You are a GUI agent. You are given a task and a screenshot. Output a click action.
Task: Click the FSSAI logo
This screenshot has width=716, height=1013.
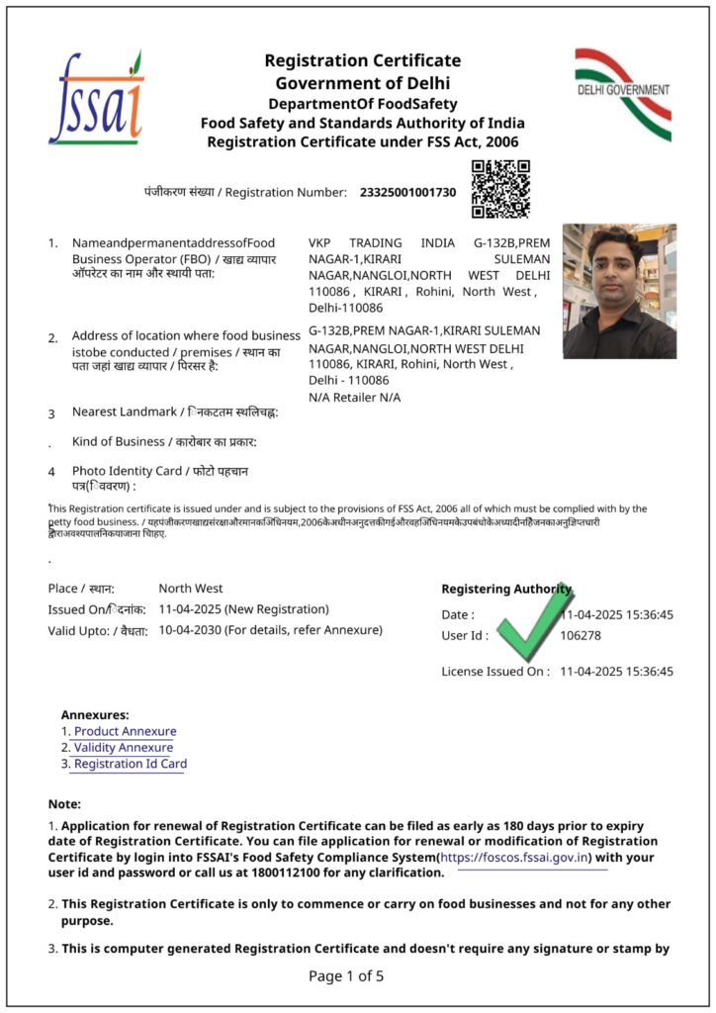point(96,99)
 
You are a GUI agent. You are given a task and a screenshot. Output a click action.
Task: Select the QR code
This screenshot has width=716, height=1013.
point(500,188)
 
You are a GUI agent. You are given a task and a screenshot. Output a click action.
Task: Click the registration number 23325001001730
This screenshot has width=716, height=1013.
point(408,192)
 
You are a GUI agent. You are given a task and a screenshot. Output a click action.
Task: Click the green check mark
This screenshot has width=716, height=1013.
point(535,624)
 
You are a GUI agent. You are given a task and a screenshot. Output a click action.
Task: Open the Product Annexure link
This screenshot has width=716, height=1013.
point(126,732)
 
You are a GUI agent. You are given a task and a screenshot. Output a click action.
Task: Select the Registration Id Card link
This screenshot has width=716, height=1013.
point(131,764)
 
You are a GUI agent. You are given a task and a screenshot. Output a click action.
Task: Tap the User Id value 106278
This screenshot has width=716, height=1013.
point(581,635)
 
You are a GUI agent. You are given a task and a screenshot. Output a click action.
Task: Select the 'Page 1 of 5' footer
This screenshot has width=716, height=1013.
point(346,976)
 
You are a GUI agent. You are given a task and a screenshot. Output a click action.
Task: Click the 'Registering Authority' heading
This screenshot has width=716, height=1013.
point(505,590)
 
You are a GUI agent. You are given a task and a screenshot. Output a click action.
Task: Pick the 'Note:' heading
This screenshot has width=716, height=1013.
point(64,804)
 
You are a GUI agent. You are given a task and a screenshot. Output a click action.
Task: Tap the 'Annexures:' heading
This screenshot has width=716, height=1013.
point(95,714)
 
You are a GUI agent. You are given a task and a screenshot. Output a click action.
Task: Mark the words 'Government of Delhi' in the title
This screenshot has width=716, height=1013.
point(362,83)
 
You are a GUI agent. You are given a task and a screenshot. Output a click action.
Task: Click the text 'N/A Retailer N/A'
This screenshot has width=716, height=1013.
point(355,398)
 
